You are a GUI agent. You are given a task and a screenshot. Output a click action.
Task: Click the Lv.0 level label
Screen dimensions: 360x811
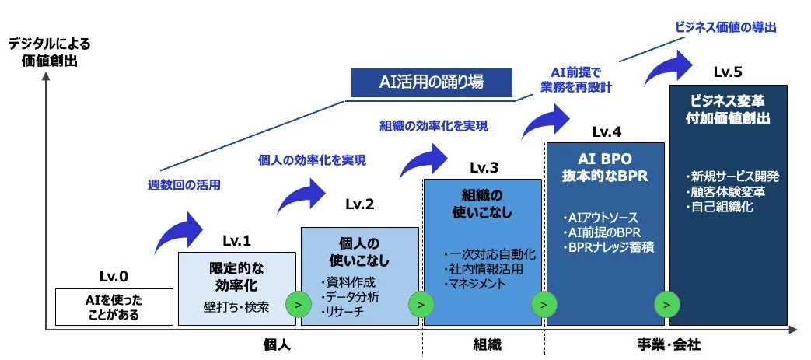pos(114,275)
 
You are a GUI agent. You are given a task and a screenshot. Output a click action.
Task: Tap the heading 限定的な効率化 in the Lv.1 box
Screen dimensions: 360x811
pos(236,274)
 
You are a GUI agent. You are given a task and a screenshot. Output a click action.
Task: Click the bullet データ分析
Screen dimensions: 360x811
pos(351,296)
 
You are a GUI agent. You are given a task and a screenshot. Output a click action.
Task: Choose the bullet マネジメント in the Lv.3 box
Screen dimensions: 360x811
pos(475,284)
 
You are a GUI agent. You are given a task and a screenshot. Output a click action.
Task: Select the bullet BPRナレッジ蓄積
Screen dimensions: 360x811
pos(600,246)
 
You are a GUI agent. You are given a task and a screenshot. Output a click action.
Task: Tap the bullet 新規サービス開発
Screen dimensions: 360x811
pos(729,176)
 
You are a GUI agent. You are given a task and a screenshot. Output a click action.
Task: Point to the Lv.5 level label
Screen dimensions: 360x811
pos(728,72)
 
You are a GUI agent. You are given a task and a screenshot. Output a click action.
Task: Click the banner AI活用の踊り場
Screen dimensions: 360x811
pos(432,82)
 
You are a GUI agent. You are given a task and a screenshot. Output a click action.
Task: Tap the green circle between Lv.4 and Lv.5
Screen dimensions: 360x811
pos(666,303)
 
